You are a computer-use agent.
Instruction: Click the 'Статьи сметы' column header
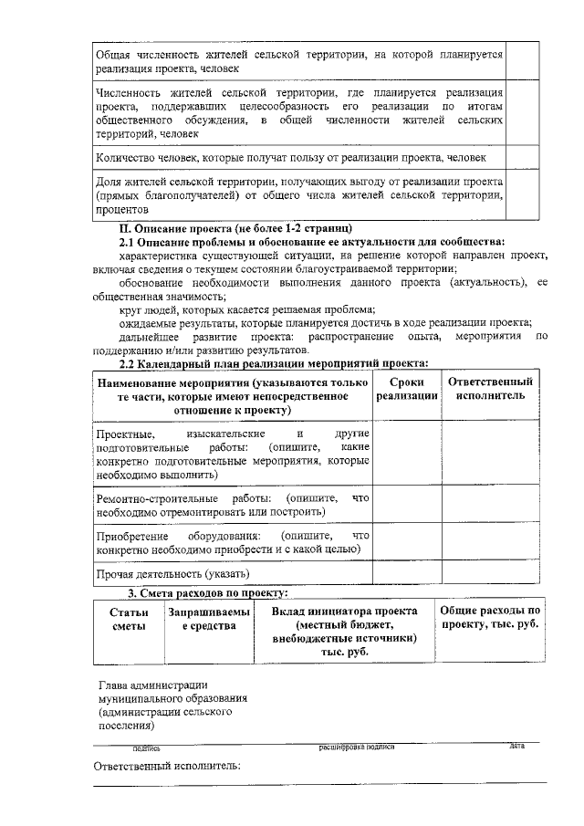click(128, 618)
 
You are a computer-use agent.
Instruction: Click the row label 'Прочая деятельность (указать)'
click(172, 574)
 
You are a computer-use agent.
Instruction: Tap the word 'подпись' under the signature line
click(146, 748)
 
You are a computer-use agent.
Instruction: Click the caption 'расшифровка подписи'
click(356, 747)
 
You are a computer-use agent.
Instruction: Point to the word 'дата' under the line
click(516, 747)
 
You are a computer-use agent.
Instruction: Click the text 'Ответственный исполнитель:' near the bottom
click(168, 766)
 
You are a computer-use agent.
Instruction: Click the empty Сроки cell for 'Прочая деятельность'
click(407, 574)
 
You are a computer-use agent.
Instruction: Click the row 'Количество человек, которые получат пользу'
click(297, 158)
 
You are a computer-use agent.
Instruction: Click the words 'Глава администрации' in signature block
click(153, 685)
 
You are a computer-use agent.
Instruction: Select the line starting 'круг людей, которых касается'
click(241, 310)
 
